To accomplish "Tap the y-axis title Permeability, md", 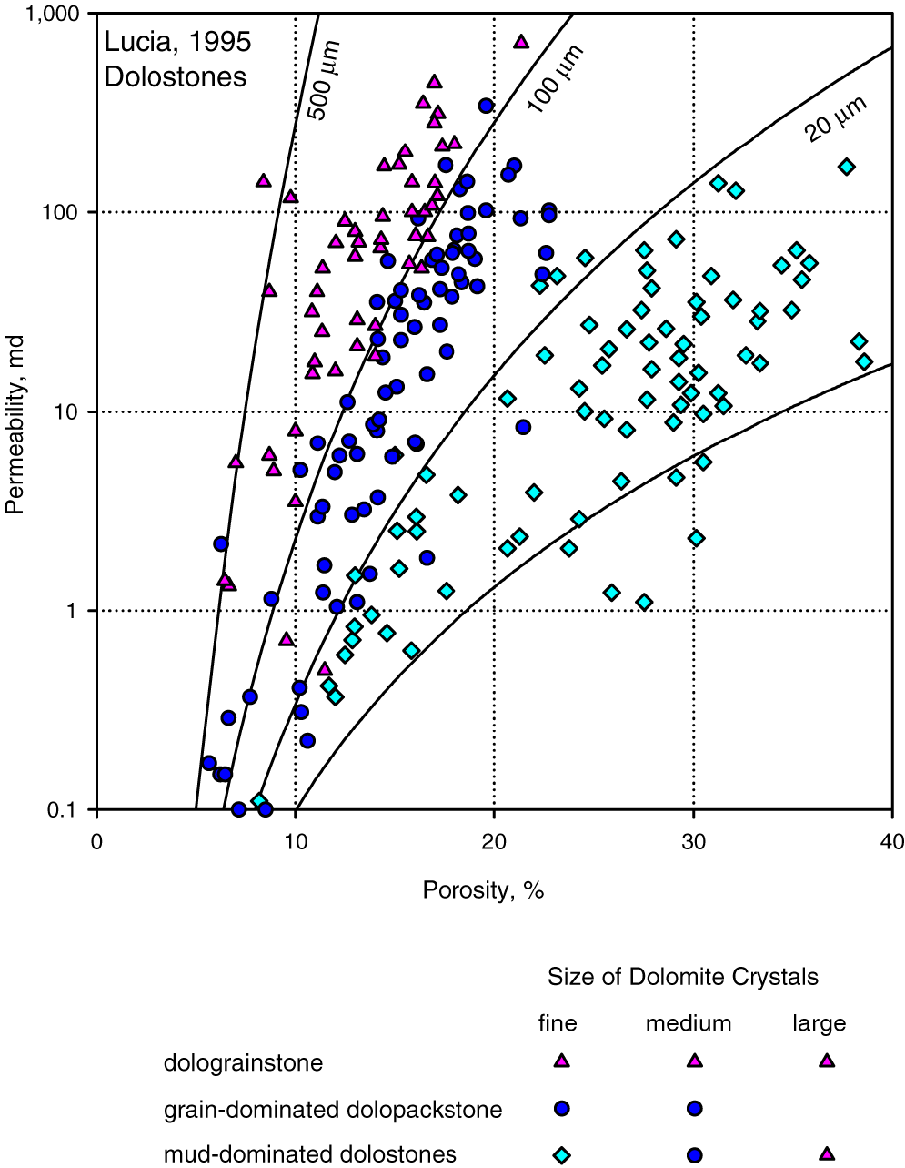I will click(x=15, y=411).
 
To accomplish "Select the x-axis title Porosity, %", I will click(x=482, y=890).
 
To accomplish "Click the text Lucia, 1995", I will click(x=177, y=42).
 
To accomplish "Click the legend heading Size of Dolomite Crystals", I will click(x=682, y=977).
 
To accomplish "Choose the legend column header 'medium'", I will click(x=689, y=1023).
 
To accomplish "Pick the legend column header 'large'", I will click(x=819, y=1023).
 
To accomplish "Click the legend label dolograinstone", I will click(x=243, y=1062).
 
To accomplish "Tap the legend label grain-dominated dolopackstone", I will click(x=333, y=1110).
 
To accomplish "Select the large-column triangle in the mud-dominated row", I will click(x=826, y=1154).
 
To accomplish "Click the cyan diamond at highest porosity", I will click(x=863, y=361).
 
